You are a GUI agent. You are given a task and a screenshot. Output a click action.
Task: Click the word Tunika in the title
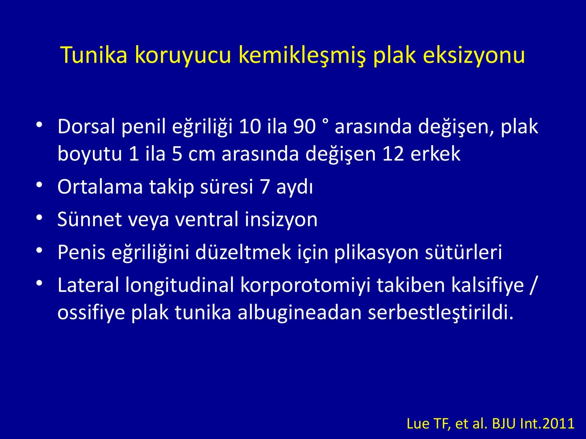coord(94,55)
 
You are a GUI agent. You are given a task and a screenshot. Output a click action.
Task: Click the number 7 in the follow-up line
coord(264,187)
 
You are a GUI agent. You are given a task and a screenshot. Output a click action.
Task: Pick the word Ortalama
coord(100,186)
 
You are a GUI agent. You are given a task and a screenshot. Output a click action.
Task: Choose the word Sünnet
coord(90,219)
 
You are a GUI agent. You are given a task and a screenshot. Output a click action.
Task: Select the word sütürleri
coord(463,252)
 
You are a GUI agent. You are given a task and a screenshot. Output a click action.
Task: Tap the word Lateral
coord(88,285)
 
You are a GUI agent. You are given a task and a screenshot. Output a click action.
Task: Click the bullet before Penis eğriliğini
coord(39,250)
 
